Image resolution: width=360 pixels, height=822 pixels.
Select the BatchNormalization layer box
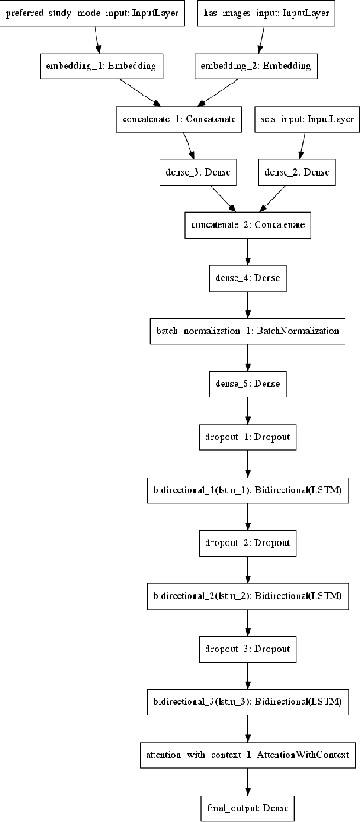(247, 331)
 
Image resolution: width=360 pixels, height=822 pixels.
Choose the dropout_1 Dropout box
(247, 437)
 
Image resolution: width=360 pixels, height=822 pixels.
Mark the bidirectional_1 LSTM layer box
(247, 490)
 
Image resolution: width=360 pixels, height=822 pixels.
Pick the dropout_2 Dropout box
(247, 543)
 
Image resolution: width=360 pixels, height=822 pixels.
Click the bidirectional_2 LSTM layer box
(247, 596)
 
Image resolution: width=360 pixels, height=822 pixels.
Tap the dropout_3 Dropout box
(247, 649)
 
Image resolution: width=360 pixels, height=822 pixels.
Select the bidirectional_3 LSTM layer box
(247, 703)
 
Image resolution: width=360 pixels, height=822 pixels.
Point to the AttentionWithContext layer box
(247, 755)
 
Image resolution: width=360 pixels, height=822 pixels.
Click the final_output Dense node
(247, 808)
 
